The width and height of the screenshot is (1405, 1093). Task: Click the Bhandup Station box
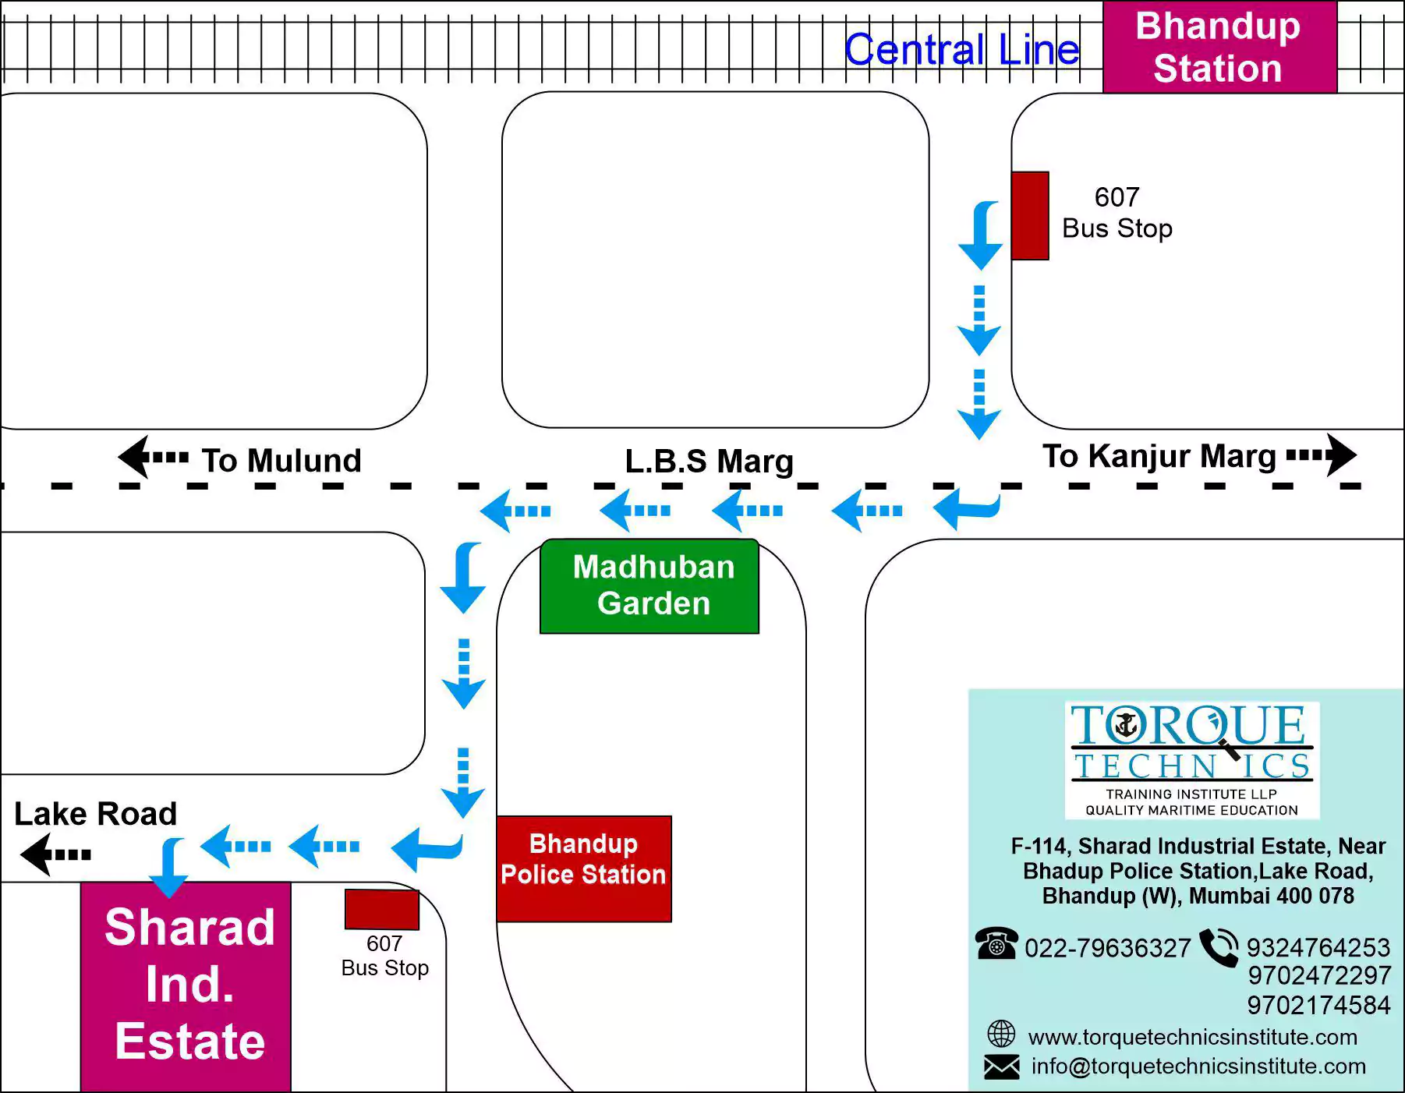coord(1219,47)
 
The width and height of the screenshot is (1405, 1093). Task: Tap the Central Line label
coord(961,50)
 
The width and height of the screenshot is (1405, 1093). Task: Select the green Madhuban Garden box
coord(649,586)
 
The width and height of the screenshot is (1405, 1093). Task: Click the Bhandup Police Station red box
coord(583,868)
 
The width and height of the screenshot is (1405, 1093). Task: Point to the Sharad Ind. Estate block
coord(186,986)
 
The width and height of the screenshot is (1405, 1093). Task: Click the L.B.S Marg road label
coord(709,461)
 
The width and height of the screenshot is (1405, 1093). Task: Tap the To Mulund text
coord(281,460)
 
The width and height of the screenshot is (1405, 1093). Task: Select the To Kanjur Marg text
coord(1159,455)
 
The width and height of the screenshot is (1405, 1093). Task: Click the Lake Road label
coord(95,813)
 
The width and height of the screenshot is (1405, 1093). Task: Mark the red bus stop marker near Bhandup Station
coord(1029,216)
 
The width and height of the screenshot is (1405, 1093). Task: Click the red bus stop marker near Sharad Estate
coord(382,909)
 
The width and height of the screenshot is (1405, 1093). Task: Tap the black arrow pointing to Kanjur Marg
coord(1323,455)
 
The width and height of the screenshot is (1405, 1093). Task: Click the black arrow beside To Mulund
coord(152,457)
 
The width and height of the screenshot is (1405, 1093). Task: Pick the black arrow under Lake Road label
coord(55,854)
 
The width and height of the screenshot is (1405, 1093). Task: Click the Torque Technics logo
coord(1191,759)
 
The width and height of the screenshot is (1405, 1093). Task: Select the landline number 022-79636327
coord(1107,948)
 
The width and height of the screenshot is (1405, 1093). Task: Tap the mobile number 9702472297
coord(1318,975)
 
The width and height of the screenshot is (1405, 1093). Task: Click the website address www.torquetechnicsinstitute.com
coord(1192,1037)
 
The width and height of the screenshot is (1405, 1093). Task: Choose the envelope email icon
coord(1001,1066)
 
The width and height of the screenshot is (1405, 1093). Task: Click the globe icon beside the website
coord(1001,1035)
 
